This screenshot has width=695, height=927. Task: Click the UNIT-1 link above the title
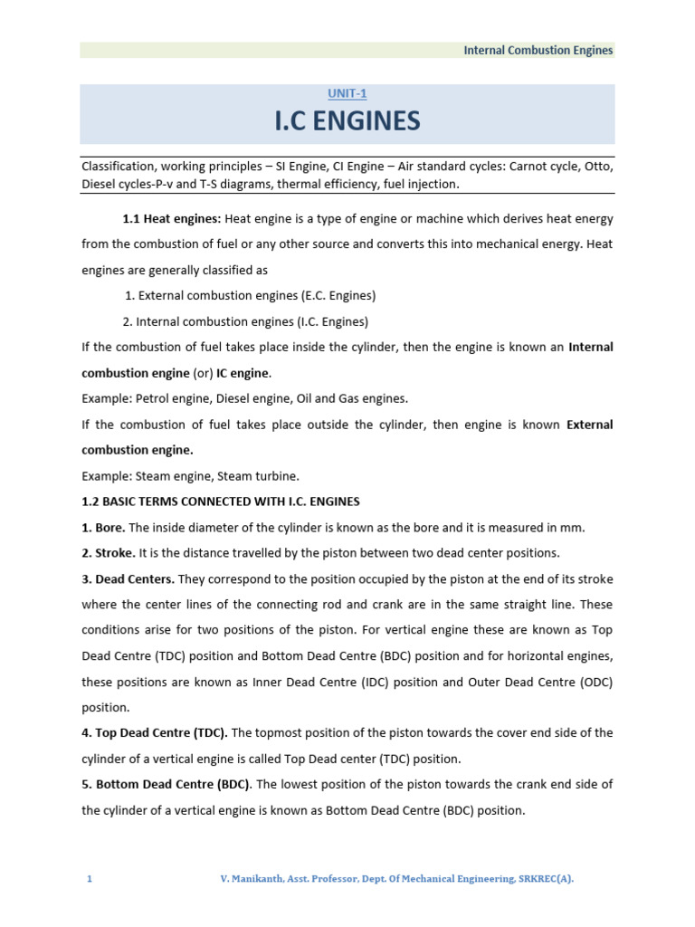coord(347,93)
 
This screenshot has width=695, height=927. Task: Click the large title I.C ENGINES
coord(347,120)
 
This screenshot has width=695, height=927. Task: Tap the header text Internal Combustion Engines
coord(538,51)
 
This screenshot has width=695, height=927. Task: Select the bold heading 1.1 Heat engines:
coord(172,218)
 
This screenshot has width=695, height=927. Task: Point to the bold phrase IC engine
coord(243,373)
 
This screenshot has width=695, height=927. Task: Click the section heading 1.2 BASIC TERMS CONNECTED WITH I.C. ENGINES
coord(221,502)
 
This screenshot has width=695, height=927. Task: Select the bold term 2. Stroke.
coord(109,553)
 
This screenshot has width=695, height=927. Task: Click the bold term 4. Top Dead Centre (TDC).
coord(155,732)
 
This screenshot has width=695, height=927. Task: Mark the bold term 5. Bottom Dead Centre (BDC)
coord(163,784)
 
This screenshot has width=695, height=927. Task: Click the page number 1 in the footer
coord(90,879)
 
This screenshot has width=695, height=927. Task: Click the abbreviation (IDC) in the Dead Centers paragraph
coord(350,682)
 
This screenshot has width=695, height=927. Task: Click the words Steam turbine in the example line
coord(266,476)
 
